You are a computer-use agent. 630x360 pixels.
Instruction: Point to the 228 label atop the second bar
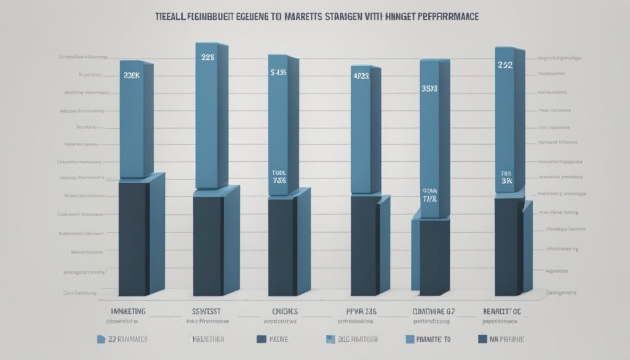207,57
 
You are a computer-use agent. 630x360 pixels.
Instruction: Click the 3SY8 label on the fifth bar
429,89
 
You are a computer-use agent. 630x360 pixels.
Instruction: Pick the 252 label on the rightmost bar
506,63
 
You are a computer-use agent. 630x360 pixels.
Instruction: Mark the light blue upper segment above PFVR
364,129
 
